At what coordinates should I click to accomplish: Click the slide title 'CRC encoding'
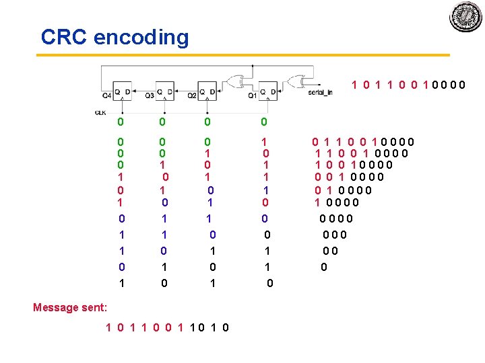click(x=115, y=37)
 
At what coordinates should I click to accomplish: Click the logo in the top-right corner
click(x=465, y=16)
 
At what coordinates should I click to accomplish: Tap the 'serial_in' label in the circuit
click(x=320, y=93)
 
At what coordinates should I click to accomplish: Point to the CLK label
click(x=100, y=112)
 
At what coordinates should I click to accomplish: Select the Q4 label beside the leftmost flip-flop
click(x=106, y=95)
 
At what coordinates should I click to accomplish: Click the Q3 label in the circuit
click(x=149, y=95)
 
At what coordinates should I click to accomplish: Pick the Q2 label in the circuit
click(x=191, y=95)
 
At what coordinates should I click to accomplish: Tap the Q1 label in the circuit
click(x=251, y=95)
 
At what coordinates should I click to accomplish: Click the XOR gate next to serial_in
click(x=296, y=81)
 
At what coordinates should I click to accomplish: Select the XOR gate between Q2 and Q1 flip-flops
click(x=236, y=81)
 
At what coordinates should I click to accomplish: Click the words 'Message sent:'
click(x=70, y=307)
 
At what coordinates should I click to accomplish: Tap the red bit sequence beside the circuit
click(x=408, y=85)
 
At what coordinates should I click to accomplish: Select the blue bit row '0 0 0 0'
click(x=337, y=218)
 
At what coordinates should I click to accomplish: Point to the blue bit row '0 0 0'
click(x=335, y=235)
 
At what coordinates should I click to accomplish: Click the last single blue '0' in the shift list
click(x=324, y=267)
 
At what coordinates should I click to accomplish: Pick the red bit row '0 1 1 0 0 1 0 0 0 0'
click(x=362, y=141)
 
